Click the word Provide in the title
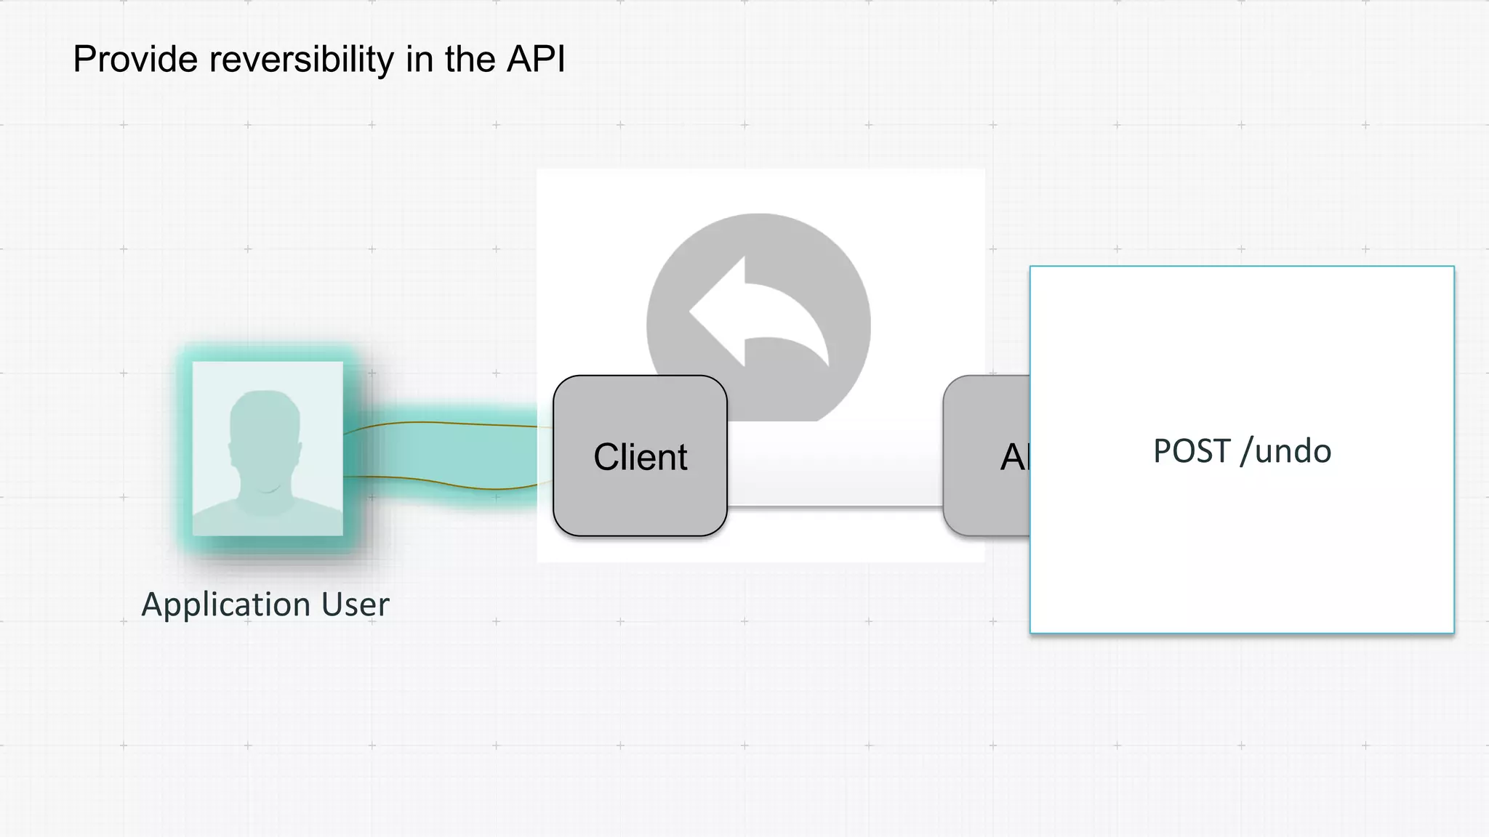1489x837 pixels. [135, 60]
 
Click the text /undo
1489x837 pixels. [1286, 451]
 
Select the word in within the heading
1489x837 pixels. [420, 60]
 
